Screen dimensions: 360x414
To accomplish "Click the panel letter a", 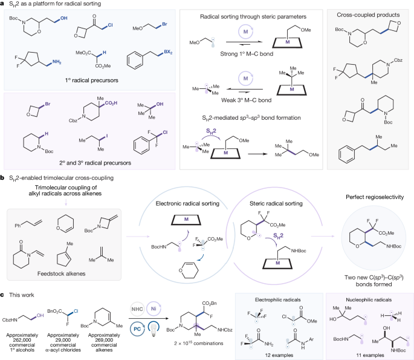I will point(3,4).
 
